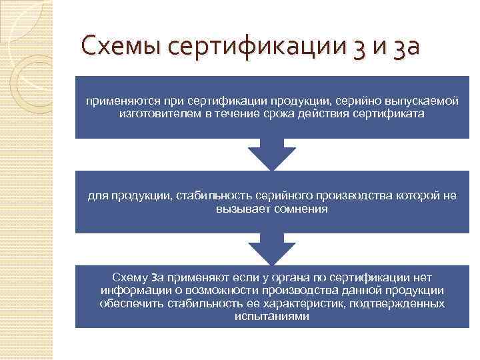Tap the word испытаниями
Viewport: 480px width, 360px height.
tap(272, 317)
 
